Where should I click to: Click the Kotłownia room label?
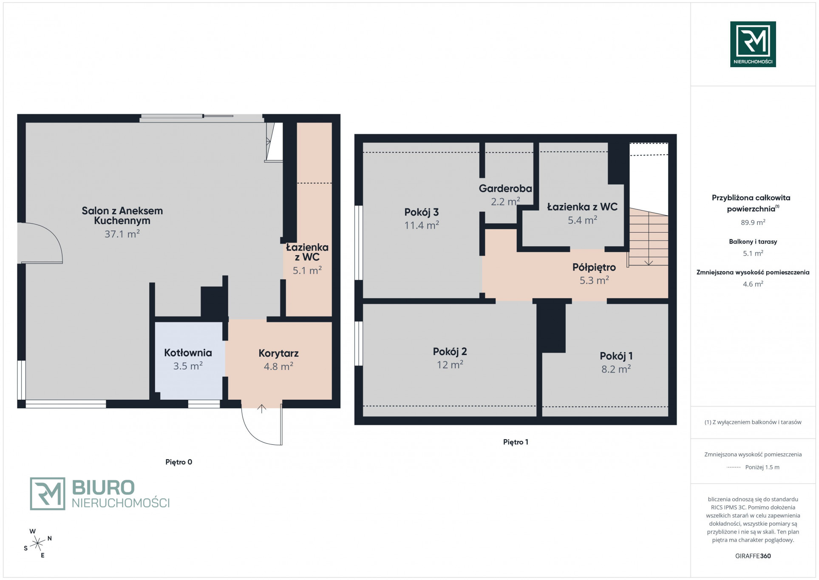click(x=188, y=353)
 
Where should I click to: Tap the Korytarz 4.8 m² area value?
click(x=278, y=366)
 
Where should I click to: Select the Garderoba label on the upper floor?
click(x=505, y=188)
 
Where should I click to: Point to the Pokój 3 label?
click(x=421, y=212)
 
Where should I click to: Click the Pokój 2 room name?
click(x=450, y=352)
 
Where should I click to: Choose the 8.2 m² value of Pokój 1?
click(x=616, y=369)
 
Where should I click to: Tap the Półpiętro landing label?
click(x=594, y=267)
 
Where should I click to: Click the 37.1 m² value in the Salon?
click(x=122, y=233)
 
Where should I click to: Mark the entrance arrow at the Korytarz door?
click(x=261, y=409)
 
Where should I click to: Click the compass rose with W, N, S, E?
click(x=38, y=543)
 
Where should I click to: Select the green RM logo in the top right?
click(x=753, y=44)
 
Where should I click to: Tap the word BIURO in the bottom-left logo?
click(x=103, y=488)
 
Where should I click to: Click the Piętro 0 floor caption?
click(x=179, y=462)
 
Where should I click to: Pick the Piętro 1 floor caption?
click(x=516, y=442)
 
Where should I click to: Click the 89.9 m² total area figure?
click(x=753, y=222)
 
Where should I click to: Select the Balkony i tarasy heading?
click(x=753, y=242)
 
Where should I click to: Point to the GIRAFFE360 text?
click(x=753, y=556)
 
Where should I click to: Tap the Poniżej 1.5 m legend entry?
click(x=762, y=467)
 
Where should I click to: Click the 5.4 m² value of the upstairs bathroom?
click(x=582, y=220)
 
